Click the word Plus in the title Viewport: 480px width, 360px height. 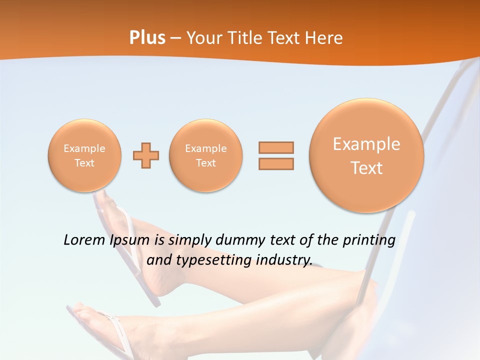coord(147,38)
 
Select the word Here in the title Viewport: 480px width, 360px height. coord(324,38)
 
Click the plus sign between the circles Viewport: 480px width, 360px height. coord(146,155)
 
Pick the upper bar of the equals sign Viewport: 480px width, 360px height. coord(276,147)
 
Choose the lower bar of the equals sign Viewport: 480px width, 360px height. coord(276,163)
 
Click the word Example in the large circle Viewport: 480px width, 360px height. coord(366,144)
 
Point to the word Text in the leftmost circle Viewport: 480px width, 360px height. coord(84,163)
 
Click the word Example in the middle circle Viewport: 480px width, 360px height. coord(206,148)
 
